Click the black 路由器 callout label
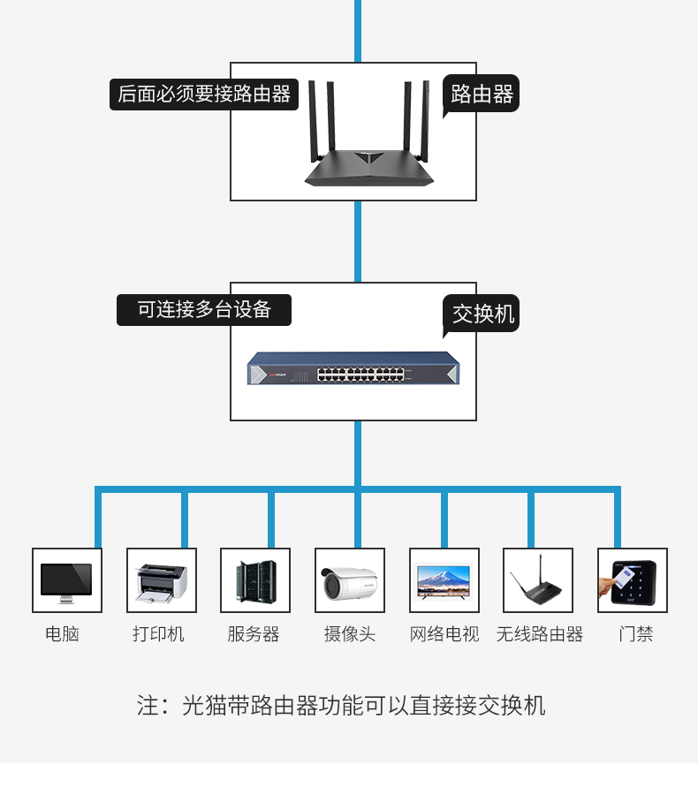pyautogui.click(x=481, y=94)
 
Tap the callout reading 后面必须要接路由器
pyautogui.click(x=204, y=95)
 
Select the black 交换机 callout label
pyautogui.click(x=481, y=314)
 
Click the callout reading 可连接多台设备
pyautogui.click(x=204, y=310)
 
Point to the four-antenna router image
pyautogui.click(x=368, y=133)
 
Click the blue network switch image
pyautogui.click(x=353, y=368)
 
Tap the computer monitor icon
pyautogui.click(x=66, y=583)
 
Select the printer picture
pyautogui.click(x=162, y=583)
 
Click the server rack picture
pyautogui.click(x=256, y=581)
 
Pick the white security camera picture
pyautogui.click(x=350, y=583)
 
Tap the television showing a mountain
pyautogui.click(x=444, y=582)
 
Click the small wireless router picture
pyautogui.click(x=535, y=581)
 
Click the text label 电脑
pyautogui.click(x=63, y=633)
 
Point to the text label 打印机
pyautogui.click(x=158, y=633)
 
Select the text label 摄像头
pyautogui.click(x=350, y=633)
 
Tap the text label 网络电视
pyautogui.click(x=444, y=633)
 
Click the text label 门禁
pyautogui.click(x=636, y=633)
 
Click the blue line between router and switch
pyautogui.click(x=358, y=241)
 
